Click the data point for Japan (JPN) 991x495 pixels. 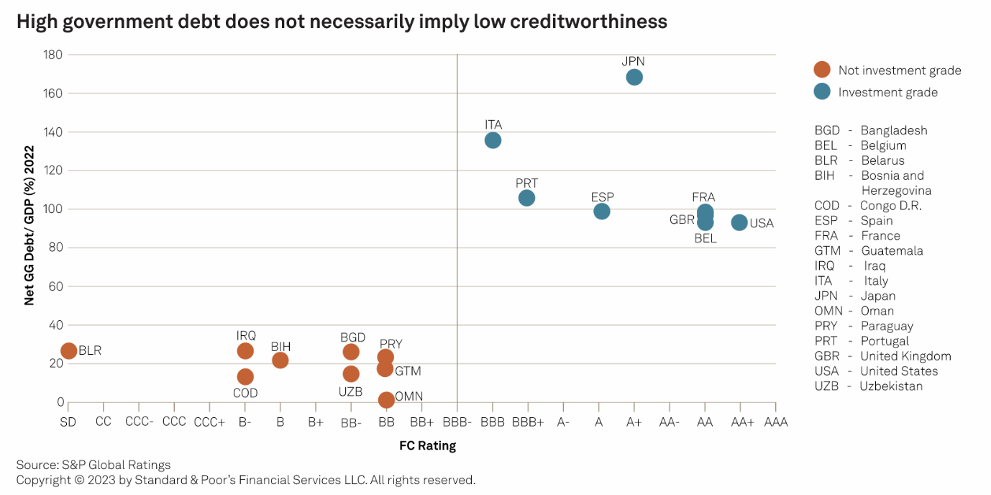(634, 77)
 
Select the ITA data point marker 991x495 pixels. (493, 140)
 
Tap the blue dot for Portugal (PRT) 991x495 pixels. (526, 198)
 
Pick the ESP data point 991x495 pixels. (602, 212)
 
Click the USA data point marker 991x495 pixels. (739, 223)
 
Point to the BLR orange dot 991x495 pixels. (68, 351)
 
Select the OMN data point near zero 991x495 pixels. (386, 400)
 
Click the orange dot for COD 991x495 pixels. (245, 377)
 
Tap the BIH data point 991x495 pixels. (280, 360)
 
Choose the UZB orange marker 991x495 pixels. (351, 374)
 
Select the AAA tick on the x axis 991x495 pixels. (775, 422)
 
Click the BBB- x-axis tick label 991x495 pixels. (457, 422)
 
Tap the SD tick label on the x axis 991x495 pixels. (68, 422)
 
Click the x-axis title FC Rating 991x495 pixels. (427, 446)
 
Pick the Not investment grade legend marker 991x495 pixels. (822, 70)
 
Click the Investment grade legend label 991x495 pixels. (887, 92)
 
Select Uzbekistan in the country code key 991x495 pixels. (891, 386)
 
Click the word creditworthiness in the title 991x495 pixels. (575, 22)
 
